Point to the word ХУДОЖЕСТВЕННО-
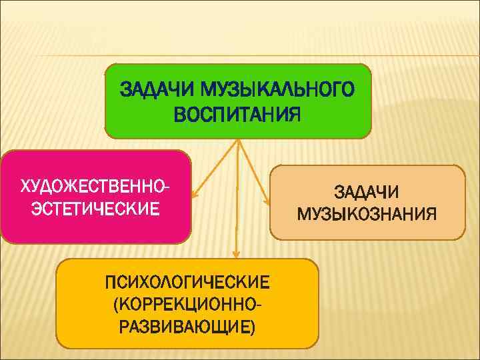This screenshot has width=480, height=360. pyautogui.click(x=95, y=183)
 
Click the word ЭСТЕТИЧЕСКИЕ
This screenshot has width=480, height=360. pyautogui.click(x=95, y=209)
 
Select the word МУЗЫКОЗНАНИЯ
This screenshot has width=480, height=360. pyautogui.click(x=367, y=214)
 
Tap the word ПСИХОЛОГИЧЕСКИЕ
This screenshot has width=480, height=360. pyautogui.click(x=187, y=281)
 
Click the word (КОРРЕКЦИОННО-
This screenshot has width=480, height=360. pyautogui.click(x=187, y=305)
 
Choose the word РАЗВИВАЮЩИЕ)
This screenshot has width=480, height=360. pyautogui.click(x=187, y=328)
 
